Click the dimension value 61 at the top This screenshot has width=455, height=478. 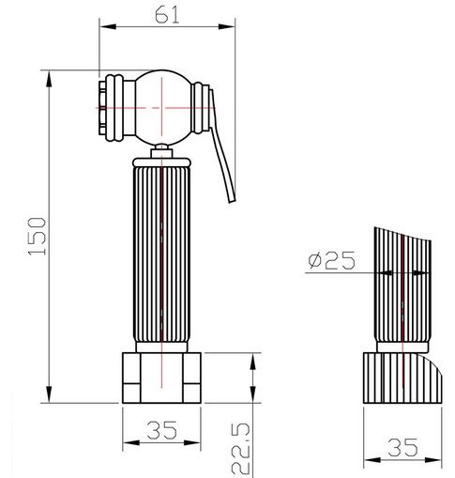[x=167, y=15]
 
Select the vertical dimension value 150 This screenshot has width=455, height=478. [x=37, y=237]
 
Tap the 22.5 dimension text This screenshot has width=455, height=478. [x=241, y=449]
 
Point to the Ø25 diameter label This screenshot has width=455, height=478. [x=331, y=260]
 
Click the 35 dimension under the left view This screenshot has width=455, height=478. [x=161, y=430]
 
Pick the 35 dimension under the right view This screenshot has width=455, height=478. [x=402, y=447]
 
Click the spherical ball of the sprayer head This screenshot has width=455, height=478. [x=162, y=108]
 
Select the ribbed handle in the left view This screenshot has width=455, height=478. [x=161, y=254]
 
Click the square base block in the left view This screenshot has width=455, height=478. [x=161, y=378]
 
